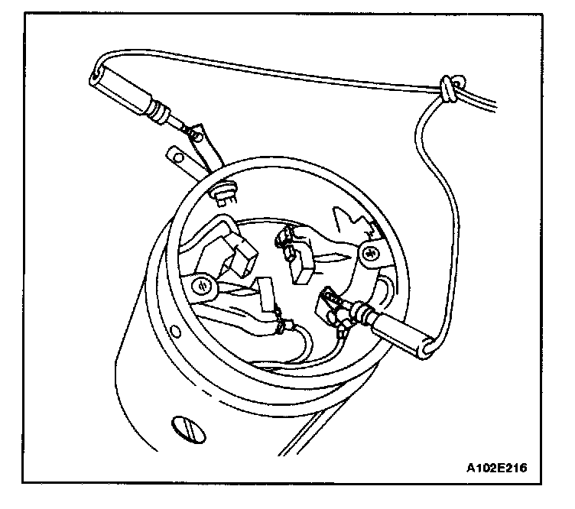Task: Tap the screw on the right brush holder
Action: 369,252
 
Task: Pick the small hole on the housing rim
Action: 177,332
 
